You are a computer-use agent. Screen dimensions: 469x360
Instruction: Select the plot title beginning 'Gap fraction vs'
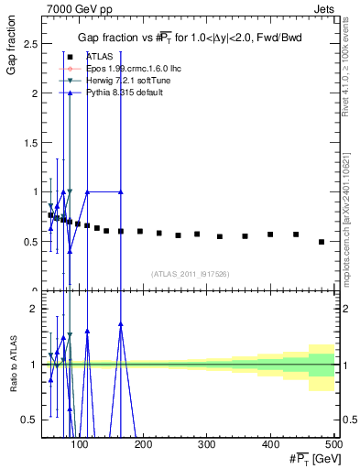190,38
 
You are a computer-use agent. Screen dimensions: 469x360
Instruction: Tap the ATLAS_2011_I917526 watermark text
190,274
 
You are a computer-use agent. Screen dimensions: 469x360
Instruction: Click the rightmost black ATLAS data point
322,242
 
